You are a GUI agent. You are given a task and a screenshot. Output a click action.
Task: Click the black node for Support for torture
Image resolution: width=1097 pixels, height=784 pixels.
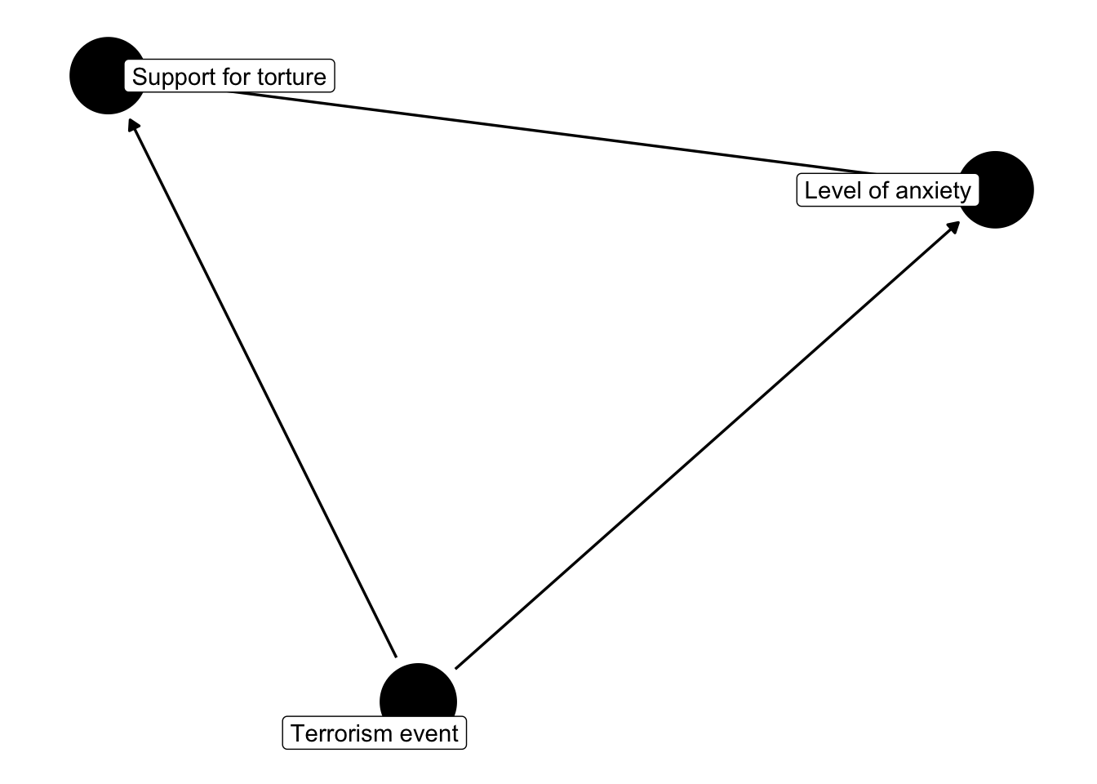pyautogui.click(x=96, y=75)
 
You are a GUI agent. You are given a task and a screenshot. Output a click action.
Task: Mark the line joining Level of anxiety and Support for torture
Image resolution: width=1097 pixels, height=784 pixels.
pyautogui.click(x=555, y=133)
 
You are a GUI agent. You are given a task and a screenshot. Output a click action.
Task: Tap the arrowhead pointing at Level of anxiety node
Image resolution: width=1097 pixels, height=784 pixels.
pyautogui.click(x=953, y=225)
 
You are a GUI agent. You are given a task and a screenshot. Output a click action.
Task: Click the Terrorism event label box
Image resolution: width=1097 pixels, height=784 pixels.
pyautogui.click(x=375, y=733)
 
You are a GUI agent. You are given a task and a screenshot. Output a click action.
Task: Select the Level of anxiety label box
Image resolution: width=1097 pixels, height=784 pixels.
pyautogui.click(x=887, y=190)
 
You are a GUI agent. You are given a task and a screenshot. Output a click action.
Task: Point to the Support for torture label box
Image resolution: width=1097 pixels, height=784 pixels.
pyautogui.click(x=229, y=77)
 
